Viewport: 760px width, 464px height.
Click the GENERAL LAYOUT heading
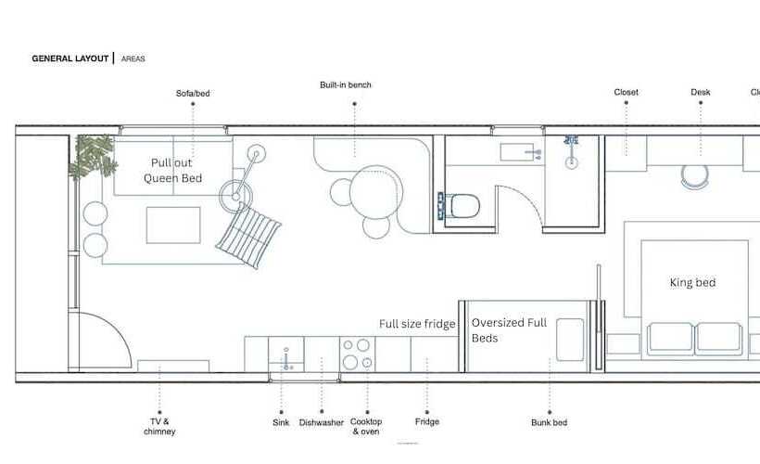point(70,58)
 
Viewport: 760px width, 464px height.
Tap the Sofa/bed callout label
point(193,93)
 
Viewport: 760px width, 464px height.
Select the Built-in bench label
point(346,85)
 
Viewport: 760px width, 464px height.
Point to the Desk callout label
point(701,92)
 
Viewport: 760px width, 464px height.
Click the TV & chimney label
point(159,427)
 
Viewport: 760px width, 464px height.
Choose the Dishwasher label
point(322,423)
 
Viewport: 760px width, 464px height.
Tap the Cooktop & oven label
point(366,427)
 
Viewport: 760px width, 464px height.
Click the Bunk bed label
point(550,423)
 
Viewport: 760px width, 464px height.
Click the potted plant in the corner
point(93,156)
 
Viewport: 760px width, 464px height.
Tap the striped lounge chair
point(248,236)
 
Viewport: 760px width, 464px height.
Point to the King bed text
point(692,282)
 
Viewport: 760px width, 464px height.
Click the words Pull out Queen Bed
point(172,171)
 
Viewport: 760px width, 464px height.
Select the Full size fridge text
point(417,324)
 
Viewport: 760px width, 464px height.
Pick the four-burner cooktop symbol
point(357,354)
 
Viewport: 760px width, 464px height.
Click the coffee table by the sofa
point(173,226)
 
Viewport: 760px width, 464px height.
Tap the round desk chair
point(694,176)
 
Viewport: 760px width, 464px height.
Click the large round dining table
point(375,193)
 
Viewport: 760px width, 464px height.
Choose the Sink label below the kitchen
point(281,423)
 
